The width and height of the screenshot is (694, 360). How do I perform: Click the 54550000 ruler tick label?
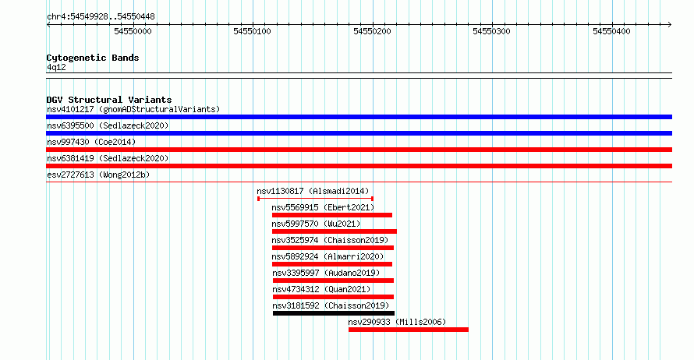(x=133, y=31)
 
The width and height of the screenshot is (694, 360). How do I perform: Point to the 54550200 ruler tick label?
(x=372, y=31)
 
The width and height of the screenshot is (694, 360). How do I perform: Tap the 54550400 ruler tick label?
(x=611, y=31)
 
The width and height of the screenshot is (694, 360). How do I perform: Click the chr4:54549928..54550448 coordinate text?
(x=101, y=17)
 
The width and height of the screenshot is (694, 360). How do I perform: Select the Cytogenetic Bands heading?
(x=93, y=58)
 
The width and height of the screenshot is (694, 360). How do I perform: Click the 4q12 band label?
(x=56, y=67)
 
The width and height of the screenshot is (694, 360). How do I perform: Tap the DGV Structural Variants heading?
(x=109, y=100)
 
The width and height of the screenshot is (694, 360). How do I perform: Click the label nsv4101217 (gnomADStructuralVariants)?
(x=133, y=109)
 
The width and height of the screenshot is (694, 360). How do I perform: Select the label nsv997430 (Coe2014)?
(x=91, y=142)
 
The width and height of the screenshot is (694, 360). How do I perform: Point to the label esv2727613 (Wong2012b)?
(x=98, y=175)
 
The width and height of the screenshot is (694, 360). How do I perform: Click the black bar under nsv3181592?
(x=334, y=313)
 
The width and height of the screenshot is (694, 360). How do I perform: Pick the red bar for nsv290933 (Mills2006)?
(x=409, y=330)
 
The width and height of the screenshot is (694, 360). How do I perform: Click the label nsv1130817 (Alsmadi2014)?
(x=313, y=191)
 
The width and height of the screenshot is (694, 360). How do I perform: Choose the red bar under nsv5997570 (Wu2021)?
(x=335, y=231)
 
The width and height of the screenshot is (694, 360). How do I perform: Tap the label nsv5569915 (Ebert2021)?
(x=323, y=207)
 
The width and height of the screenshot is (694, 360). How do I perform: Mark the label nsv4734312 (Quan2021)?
(x=321, y=289)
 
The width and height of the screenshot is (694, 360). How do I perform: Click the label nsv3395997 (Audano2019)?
(x=326, y=273)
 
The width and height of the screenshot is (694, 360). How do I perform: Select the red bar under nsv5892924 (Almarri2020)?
(x=332, y=264)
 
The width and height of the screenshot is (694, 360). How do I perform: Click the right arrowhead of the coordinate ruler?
(x=670, y=25)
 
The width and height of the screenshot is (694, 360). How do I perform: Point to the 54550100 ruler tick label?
(x=253, y=31)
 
